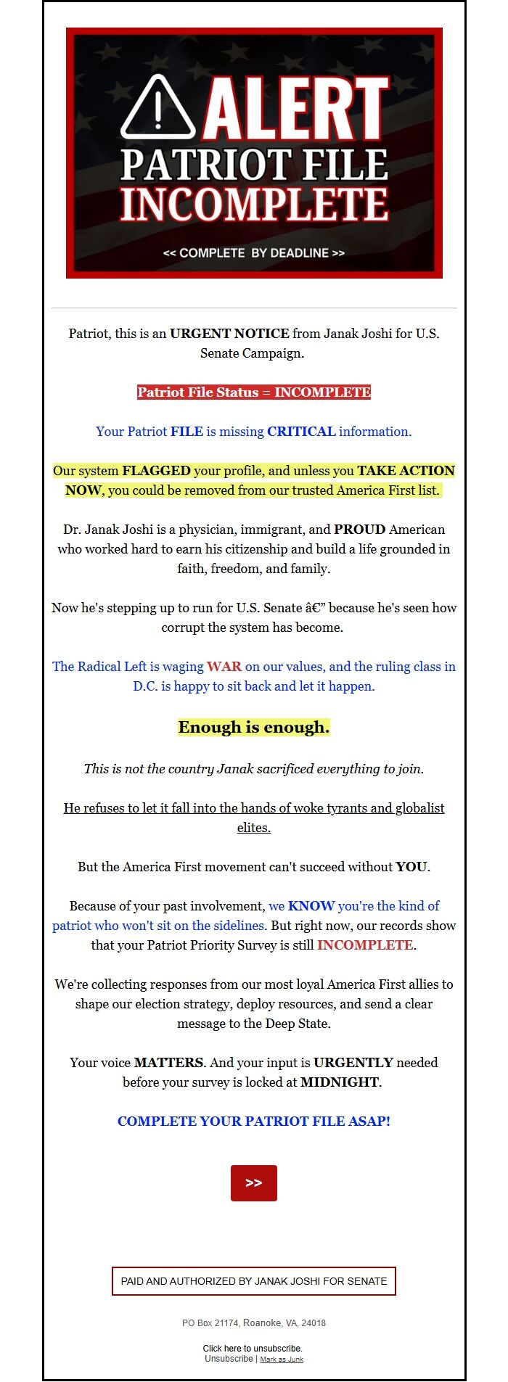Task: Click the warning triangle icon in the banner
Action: [x=157, y=108]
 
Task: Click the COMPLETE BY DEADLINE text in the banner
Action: [x=254, y=253]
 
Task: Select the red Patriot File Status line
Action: [x=254, y=392]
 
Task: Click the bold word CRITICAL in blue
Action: [x=301, y=432]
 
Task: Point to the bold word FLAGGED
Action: [x=156, y=471]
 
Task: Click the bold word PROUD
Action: [x=359, y=530]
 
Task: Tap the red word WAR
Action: [x=224, y=667]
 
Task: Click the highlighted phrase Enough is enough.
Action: [x=254, y=727]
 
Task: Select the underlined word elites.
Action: [x=254, y=828]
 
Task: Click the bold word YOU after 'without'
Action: [x=411, y=867]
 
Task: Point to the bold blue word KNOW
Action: [x=311, y=906]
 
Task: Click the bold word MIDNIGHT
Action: [x=340, y=1082]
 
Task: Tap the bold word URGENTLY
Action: [x=353, y=1063]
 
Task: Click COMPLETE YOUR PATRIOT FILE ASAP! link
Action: [x=254, y=1122]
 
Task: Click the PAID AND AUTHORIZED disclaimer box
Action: [x=254, y=1281]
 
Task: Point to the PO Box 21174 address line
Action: [x=254, y=1323]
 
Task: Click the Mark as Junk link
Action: [x=282, y=1360]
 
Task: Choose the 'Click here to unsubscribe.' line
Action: [x=253, y=1349]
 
